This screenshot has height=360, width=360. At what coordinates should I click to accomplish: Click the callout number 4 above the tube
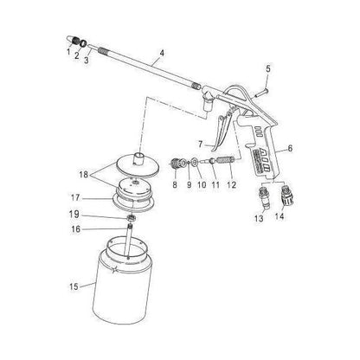[x=160, y=63]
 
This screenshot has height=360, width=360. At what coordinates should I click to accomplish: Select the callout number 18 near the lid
[x=84, y=174]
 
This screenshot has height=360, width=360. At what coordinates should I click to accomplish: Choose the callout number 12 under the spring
[x=231, y=185]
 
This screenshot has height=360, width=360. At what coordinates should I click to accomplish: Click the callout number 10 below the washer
[x=200, y=185]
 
